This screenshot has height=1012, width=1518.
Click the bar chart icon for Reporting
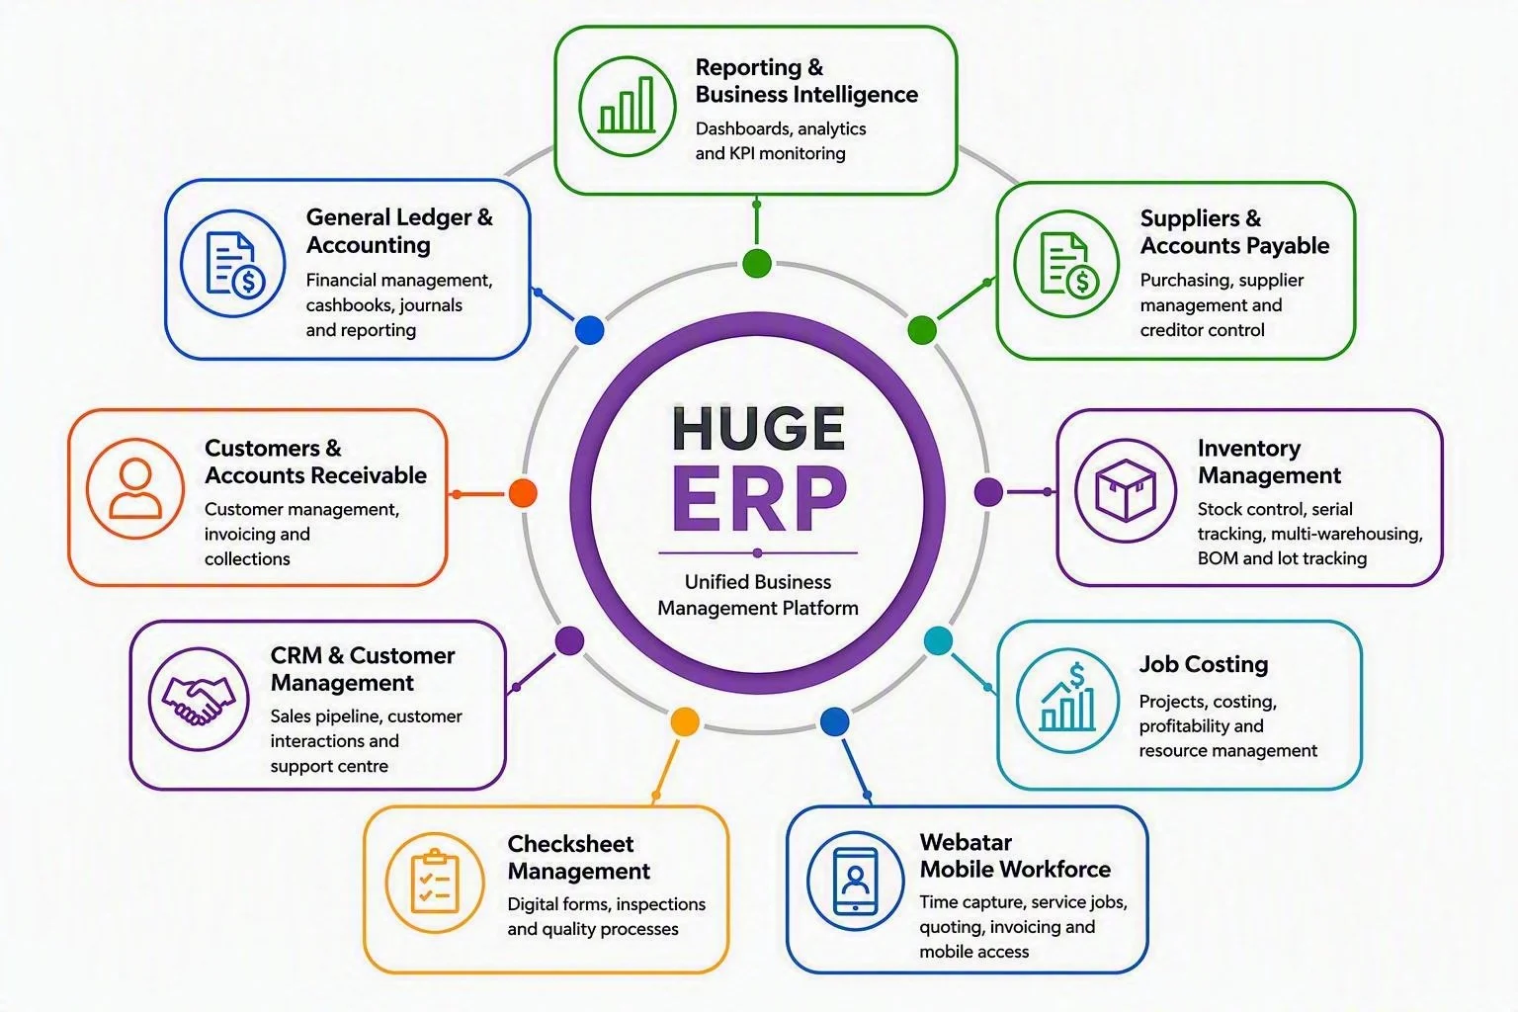tap(627, 106)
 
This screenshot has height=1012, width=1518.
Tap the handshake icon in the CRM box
tap(199, 699)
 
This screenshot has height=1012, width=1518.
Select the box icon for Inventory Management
tap(1125, 490)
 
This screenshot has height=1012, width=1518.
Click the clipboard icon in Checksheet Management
tap(435, 882)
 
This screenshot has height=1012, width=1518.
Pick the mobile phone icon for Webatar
tap(855, 881)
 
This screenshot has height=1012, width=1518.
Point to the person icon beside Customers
tap(134, 488)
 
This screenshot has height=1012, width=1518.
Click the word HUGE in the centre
tap(758, 429)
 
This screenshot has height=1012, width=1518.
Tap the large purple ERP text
tap(759, 498)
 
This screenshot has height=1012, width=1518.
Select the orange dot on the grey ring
tap(523, 493)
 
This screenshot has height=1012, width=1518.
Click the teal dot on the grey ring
tap(939, 640)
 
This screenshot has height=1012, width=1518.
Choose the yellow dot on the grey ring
tap(685, 721)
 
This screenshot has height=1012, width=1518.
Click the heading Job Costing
tap(1204, 664)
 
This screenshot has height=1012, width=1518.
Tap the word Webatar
tap(966, 842)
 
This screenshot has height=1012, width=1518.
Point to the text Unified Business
tap(758, 581)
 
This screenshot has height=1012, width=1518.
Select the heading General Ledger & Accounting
tap(399, 231)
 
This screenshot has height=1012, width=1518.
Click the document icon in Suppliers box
tap(1069, 265)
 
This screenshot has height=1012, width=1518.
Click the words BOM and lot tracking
tap(1282, 558)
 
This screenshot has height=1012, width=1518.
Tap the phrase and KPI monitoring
tap(771, 153)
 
